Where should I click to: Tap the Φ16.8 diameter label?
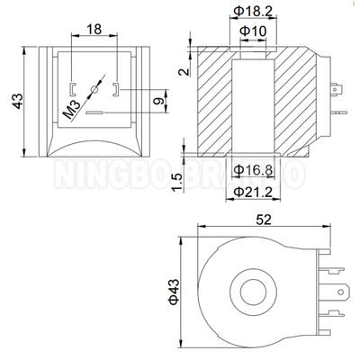coord(254,169)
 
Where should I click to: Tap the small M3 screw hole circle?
coord(96,92)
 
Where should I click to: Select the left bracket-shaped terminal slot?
coord(72,88)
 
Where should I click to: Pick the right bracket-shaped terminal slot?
coord(118,88)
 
